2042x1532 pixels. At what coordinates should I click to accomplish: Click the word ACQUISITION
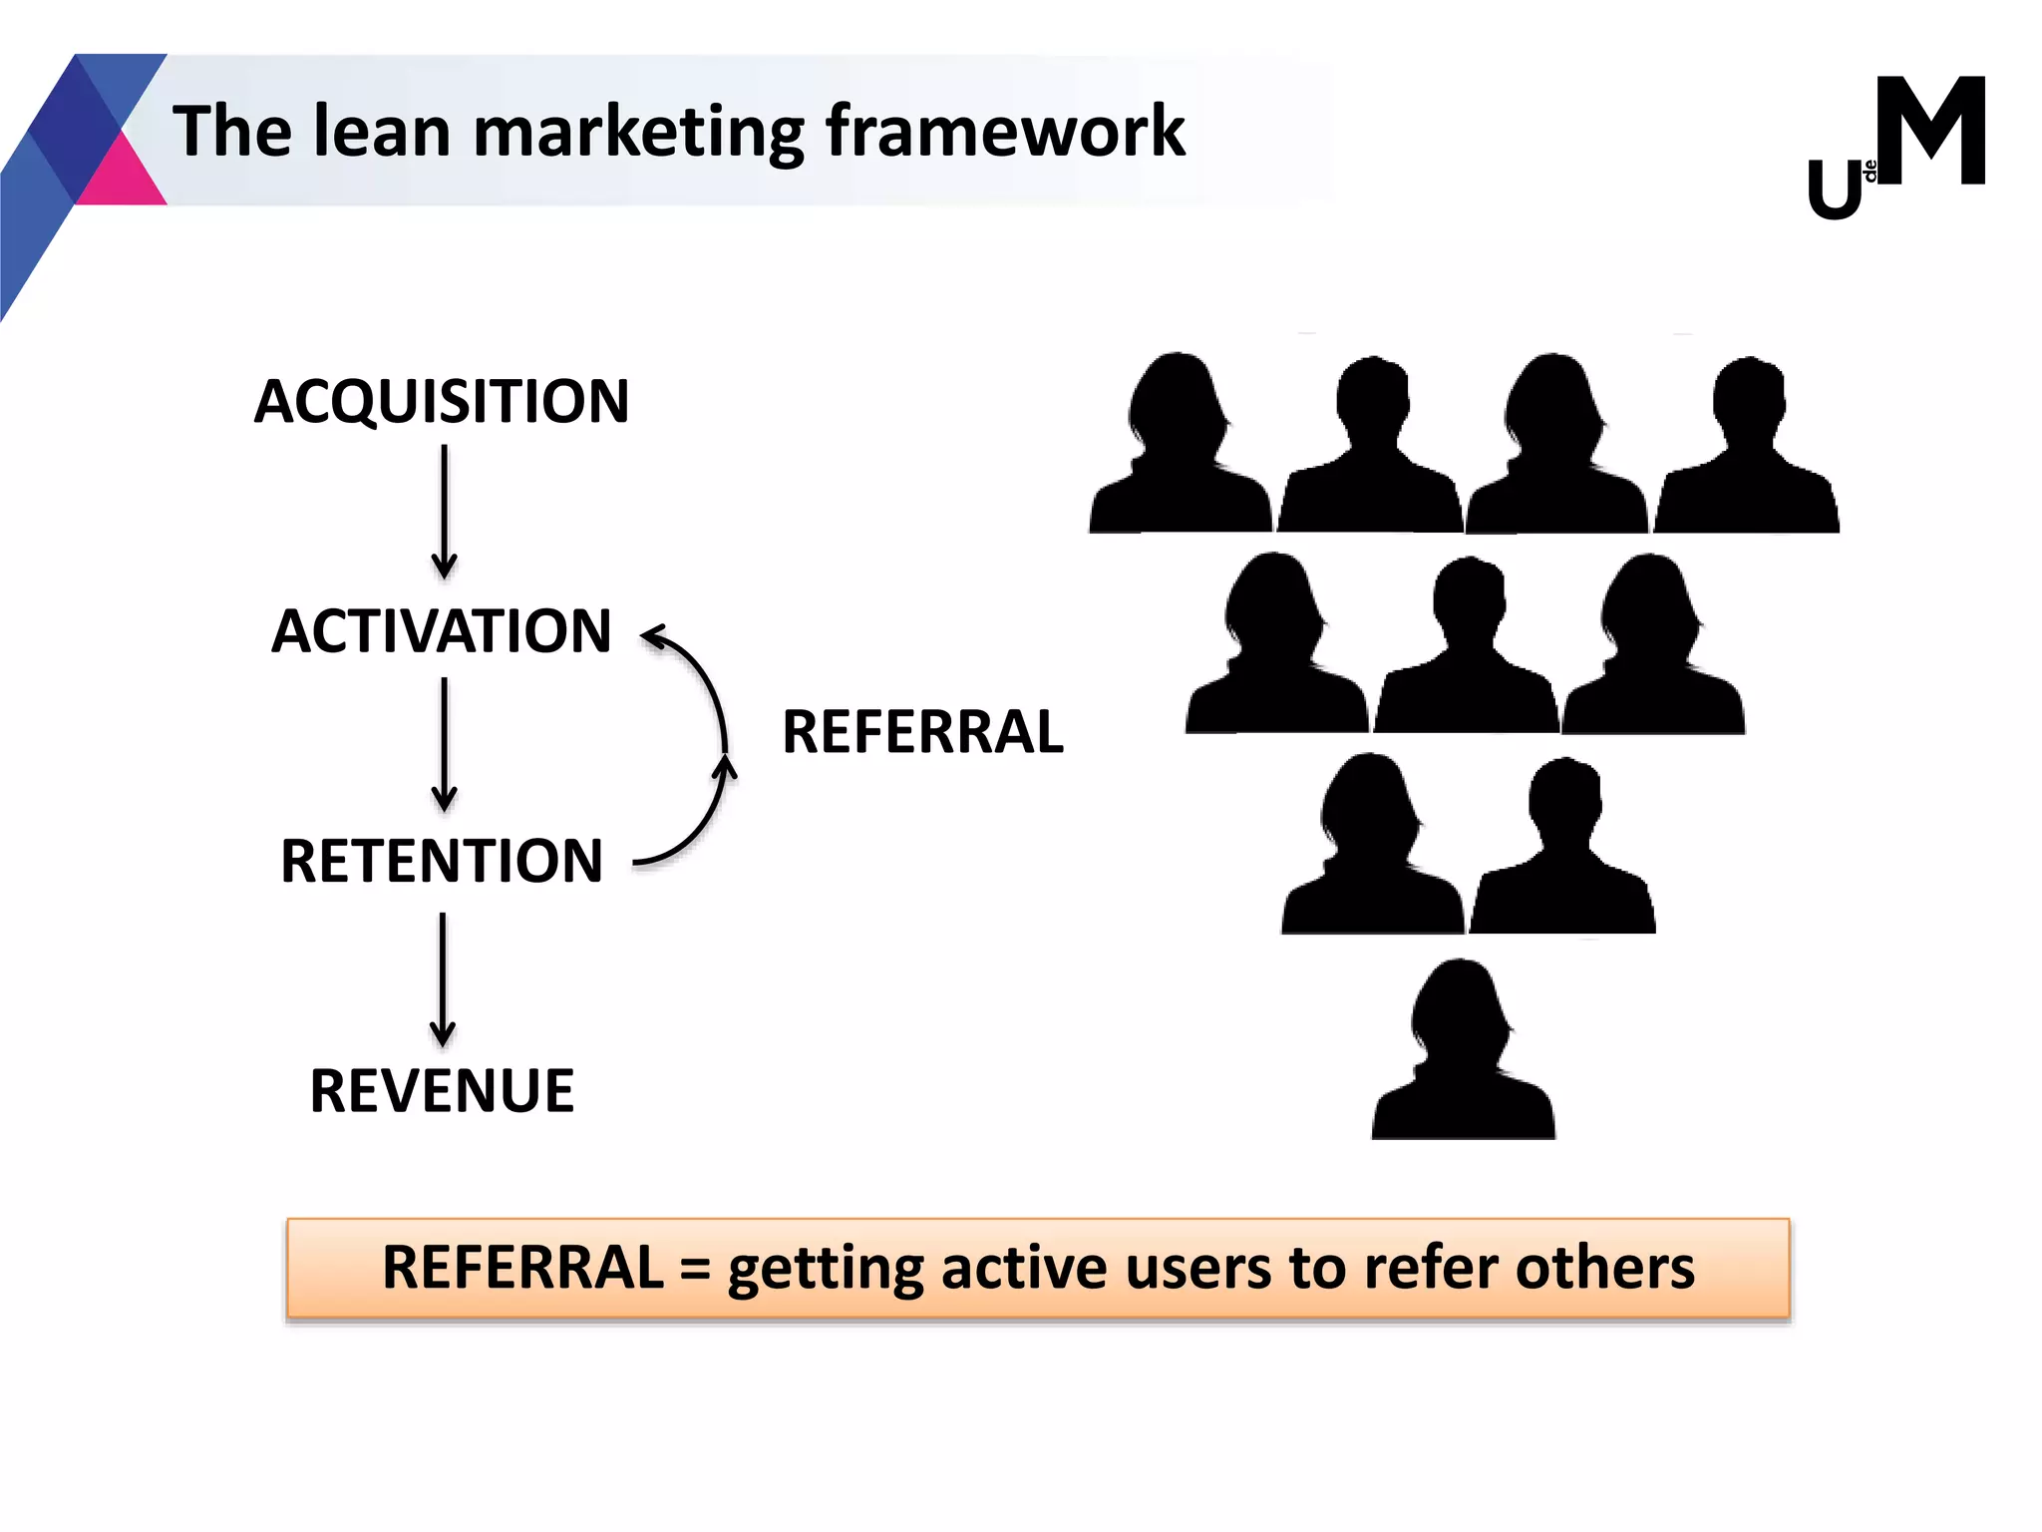tap(442, 402)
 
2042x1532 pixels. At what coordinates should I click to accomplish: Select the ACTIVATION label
tap(442, 631)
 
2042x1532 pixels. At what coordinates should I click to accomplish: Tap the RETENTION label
tap(442, 861)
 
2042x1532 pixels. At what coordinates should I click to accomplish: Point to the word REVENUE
tap(442, 1090)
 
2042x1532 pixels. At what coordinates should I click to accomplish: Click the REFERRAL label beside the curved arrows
tap(922, 732)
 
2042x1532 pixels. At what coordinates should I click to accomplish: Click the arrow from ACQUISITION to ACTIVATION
tap(445, 511)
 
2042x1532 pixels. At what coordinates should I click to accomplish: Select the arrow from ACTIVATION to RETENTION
tap(445, 743)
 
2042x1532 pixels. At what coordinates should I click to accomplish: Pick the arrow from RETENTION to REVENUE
tap(444, 977)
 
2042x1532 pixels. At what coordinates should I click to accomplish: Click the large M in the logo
tap(1931, 132)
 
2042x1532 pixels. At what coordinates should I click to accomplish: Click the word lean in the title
tap(382, 132)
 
